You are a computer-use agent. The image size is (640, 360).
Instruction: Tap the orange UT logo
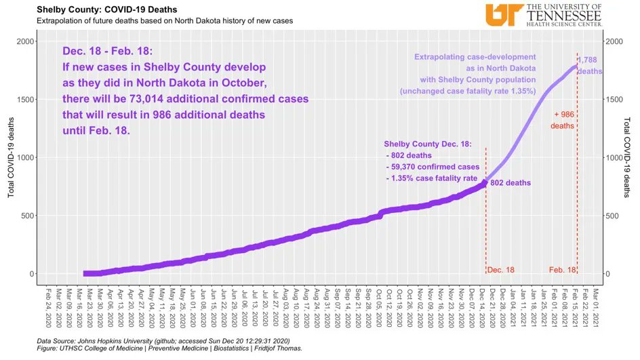coord(503,14)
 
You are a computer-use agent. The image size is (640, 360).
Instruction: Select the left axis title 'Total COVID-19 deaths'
coord(11,157)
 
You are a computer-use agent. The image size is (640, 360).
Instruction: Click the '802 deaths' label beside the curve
coord(511,183)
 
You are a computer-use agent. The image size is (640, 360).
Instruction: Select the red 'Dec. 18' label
coord(501,270)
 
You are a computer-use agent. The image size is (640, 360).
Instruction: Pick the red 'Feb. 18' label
coord(562,270)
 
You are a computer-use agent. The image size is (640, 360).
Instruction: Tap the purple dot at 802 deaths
coord(484,182)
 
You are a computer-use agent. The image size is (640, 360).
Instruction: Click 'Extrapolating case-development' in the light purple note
coord(475,57)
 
